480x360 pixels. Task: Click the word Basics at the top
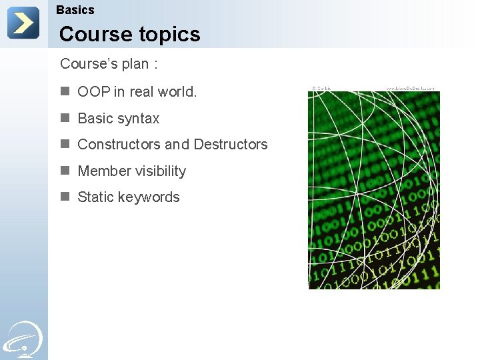tap(75, 10)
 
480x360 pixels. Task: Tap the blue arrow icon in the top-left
tap(23, 23)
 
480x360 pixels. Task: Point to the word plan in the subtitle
tap(135, 64)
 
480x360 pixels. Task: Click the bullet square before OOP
tap(65, 91)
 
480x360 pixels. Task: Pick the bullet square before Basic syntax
tap(65, 118)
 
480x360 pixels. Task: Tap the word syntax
tap(138, 119)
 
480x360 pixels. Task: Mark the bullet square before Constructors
tap(65, 144)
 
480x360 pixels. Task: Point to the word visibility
tap(159, 171)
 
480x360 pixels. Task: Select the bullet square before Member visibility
tap(65, 171)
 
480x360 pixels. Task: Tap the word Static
tap(95, 197)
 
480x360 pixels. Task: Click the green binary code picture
tap(373, 190)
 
